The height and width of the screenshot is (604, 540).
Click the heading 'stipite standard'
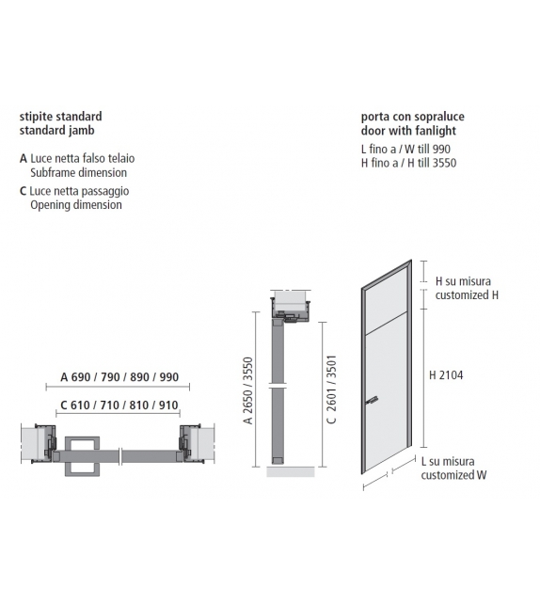(x=61, y=117)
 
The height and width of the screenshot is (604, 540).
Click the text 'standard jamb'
(x=56, y=131)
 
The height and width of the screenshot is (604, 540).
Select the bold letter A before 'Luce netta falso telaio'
(x=23, y=159)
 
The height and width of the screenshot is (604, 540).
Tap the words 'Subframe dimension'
(x=78, y=173)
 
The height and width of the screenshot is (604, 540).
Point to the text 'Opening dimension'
(x=76, y=204)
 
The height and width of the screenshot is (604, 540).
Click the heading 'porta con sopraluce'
(x=413, y=117)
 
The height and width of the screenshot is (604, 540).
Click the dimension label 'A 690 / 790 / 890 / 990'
(x=119, y=376)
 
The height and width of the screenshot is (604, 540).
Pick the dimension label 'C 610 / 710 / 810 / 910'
(x=119, y=405)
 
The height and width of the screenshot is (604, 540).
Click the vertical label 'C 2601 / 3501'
(x=332, y=390)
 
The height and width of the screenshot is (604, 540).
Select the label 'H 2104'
(x=446, y=374)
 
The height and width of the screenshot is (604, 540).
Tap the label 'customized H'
(x=467, y=294)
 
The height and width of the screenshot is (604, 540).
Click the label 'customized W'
(x=453, y=475)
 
